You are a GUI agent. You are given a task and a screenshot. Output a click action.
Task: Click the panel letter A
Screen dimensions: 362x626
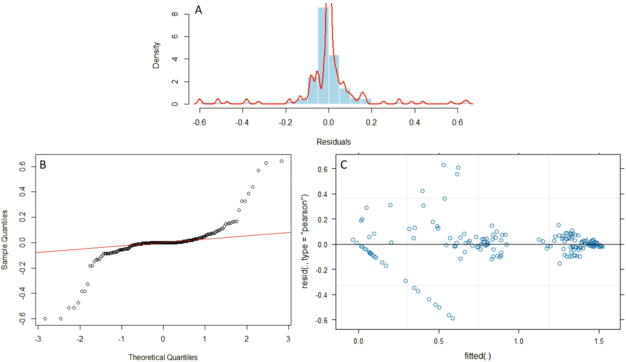198,10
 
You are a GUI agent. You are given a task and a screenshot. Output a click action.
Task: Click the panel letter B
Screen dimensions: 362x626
43,165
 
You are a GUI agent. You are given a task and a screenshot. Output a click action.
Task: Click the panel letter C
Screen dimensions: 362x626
344,165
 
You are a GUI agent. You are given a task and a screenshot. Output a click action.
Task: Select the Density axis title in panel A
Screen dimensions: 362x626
156,55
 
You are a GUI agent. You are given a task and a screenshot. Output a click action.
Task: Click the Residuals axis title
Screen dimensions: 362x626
333,142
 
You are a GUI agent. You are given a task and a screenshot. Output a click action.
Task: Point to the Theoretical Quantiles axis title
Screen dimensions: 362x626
163,357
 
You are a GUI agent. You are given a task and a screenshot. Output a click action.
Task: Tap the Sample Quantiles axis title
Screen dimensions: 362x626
5,240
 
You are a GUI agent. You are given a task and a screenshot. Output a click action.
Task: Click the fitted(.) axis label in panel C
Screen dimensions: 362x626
477,356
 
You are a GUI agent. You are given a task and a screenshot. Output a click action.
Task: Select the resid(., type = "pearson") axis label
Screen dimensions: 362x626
305,241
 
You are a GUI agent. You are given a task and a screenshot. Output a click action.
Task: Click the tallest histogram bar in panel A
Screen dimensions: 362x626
323,55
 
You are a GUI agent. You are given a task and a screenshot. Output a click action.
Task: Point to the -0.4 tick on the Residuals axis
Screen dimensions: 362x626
242,122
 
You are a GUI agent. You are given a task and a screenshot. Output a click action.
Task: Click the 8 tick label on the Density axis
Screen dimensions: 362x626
175,14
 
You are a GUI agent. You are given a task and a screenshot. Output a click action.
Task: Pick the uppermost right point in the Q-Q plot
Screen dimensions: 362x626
281,161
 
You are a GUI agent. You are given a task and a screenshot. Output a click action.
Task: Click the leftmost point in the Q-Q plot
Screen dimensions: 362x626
45,319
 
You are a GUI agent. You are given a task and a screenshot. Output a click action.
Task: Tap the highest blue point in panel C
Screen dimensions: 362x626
443,165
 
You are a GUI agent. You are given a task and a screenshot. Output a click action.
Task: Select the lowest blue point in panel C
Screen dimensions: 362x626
453,318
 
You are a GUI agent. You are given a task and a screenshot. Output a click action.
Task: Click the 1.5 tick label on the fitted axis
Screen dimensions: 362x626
599,341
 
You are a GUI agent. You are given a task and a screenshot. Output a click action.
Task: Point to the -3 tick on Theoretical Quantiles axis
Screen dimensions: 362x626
38,339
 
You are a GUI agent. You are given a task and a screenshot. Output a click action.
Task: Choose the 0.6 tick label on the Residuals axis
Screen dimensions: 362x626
457,122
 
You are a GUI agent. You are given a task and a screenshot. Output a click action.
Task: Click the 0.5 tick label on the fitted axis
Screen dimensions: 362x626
439,341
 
